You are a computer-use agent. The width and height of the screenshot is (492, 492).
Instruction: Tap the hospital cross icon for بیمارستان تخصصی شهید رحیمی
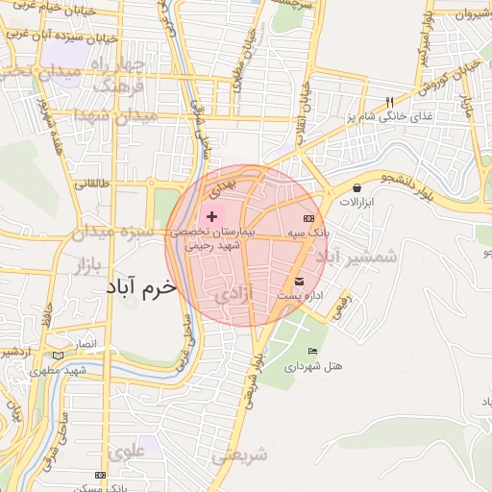tap(211, 217)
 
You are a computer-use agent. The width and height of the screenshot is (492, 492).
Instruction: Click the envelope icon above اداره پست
tap(299, 282)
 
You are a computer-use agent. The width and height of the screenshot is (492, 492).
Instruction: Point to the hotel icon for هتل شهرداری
tap(311, 351)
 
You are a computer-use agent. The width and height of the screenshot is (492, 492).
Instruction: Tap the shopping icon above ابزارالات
tap(357, 188)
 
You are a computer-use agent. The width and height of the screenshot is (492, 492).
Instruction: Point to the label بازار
tap(92, 264)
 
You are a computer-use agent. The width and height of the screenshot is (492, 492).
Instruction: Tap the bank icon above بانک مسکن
tap(100, 475)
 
